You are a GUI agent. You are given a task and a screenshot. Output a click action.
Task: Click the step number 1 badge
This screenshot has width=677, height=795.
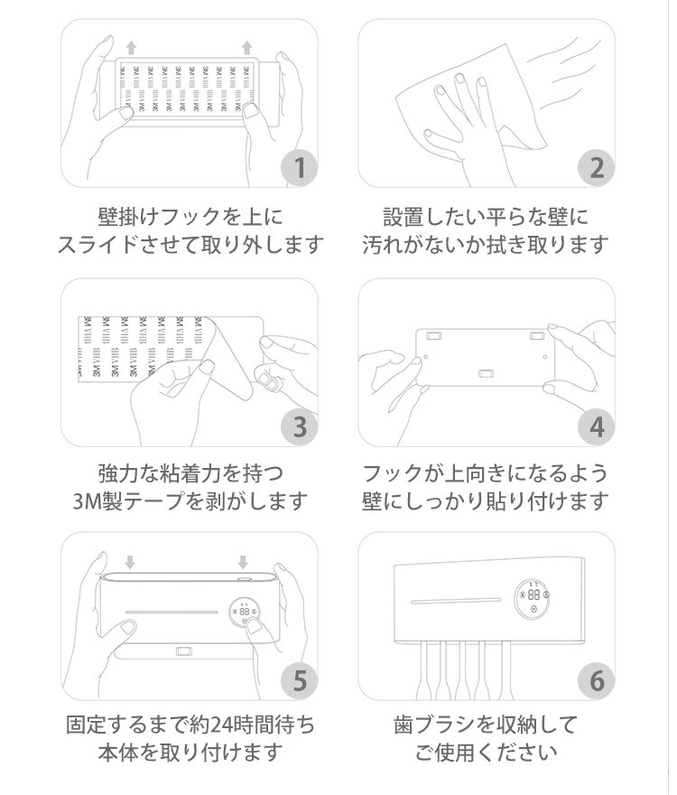point(300,168)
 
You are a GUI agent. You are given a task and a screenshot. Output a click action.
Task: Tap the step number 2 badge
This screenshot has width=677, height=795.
point(597,168)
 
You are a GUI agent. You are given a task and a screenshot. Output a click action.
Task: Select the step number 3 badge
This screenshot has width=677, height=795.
point(300,427)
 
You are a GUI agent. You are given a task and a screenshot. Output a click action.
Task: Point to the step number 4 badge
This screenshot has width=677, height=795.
point(597,427)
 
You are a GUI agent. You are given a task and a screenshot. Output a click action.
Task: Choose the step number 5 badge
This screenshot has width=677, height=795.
point(300,680)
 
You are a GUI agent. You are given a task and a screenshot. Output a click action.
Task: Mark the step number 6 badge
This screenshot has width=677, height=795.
point(597,680)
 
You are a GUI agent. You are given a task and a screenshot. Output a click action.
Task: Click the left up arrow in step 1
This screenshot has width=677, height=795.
point(131,48)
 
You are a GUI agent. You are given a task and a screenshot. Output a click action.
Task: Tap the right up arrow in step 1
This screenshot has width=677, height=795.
point(246,48)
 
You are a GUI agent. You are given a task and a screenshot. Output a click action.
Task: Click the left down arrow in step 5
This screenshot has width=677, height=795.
point(130,562)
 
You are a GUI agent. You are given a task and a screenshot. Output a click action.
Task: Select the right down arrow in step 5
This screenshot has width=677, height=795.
point(243,562)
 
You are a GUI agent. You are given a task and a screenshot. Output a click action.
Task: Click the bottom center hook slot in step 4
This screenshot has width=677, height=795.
point(486,374)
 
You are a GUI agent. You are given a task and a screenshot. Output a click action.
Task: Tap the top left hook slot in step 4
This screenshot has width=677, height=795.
point(433,336)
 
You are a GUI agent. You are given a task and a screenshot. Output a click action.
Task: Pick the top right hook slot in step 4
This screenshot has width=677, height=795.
point(537,336)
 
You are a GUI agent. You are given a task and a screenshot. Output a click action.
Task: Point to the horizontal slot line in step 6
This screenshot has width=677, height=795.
point(456,601)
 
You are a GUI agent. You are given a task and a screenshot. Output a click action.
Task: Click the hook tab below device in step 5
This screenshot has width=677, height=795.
point(184,650)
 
